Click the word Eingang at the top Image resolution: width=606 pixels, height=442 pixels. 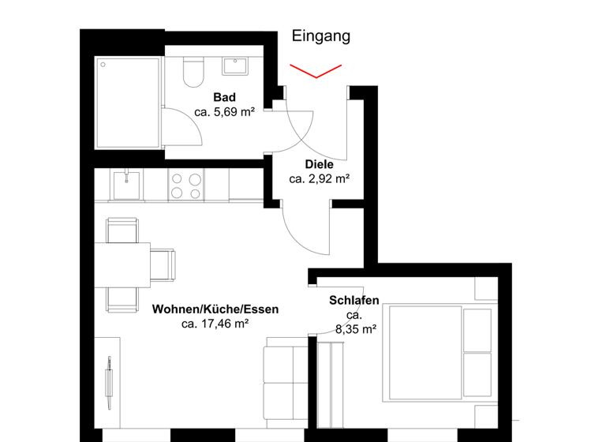(320, 36)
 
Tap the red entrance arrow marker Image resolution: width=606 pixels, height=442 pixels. (317, 71)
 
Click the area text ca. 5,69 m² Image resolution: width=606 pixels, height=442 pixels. (224, 112)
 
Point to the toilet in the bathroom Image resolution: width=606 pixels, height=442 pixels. (192, 71)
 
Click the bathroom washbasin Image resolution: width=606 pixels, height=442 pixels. (235, 65)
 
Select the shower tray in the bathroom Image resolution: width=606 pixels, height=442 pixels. (128, 102)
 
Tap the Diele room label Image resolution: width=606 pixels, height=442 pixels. (319, 165)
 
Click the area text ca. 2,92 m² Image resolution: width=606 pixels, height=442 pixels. (319, 180)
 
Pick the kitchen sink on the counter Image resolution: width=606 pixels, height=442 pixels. (126, 185)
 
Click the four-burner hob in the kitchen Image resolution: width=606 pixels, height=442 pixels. (185, 185)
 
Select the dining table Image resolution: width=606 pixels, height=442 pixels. (123, 264)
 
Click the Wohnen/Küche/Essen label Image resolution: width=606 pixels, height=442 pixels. (215, 309)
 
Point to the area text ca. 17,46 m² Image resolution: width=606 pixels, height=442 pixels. (215, 324)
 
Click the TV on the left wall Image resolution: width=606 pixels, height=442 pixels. (110, 379)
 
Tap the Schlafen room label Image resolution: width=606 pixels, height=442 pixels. (354, 301)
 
